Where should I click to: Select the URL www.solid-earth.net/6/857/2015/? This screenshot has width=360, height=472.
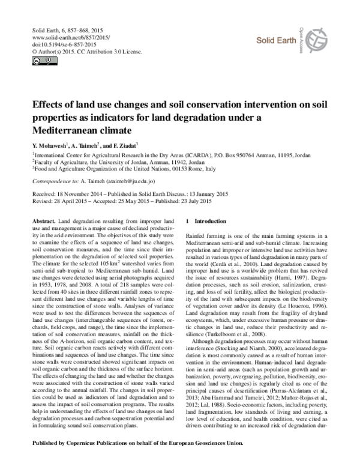pyautogui.click(x=64, y=37)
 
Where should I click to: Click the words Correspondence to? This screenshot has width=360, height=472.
pyautogui.click(x=55, y=180)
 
